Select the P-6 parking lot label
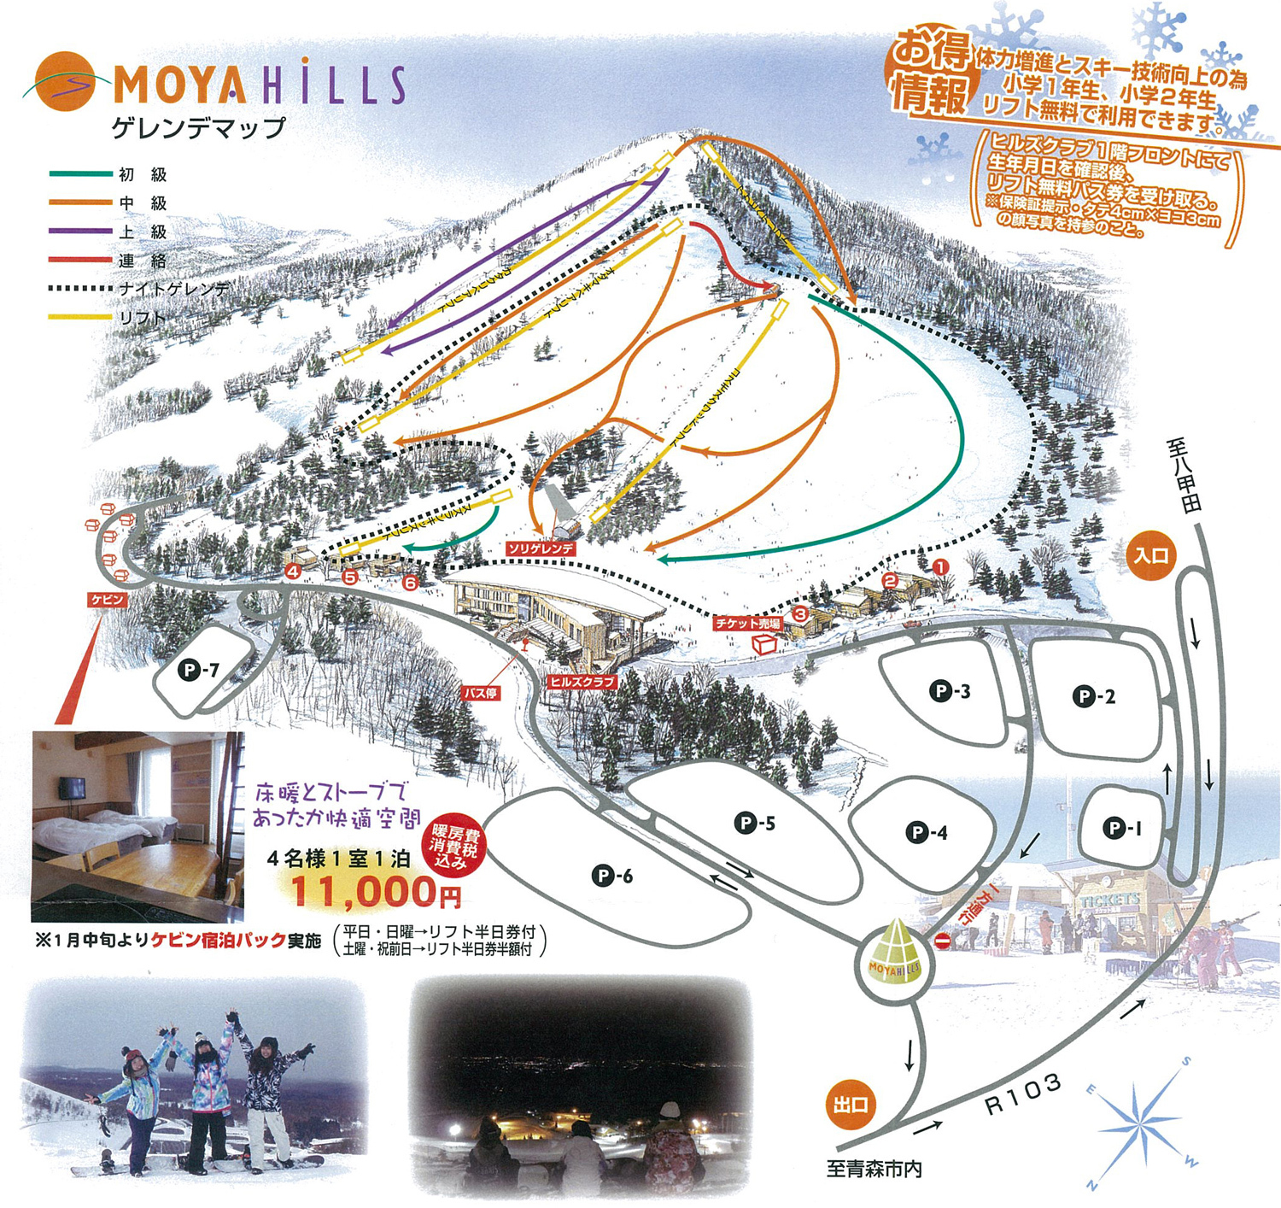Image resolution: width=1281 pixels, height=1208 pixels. [612, 876]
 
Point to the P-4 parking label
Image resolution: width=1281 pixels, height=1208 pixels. [927, 832]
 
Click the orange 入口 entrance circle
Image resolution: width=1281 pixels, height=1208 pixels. [1150, 556]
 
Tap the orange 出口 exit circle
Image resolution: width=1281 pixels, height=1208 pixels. [851, 1105]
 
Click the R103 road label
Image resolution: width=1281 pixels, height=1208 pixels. [1023, 1095]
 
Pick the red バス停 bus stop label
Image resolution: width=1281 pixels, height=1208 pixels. [481, 693]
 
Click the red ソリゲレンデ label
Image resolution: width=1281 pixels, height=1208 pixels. [541, 548]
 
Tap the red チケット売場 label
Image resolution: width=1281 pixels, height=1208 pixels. [748, 624]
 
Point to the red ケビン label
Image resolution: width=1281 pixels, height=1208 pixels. [108, 601]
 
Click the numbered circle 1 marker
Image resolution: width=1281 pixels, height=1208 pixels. [940, 566]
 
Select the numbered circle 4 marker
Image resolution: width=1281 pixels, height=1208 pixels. [294, 572]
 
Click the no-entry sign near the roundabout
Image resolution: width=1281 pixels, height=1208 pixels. [942, 941]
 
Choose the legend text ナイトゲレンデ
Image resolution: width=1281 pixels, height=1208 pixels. [174, 290]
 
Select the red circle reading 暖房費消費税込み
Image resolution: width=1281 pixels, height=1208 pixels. [454, 845]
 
